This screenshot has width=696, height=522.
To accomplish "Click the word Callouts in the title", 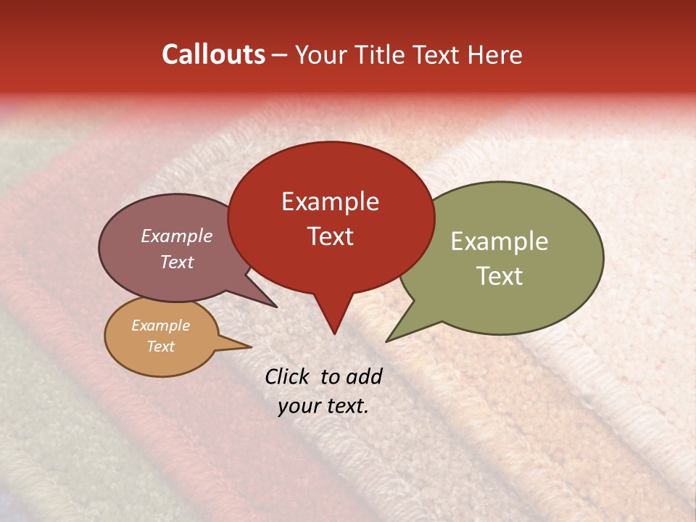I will (213, 54).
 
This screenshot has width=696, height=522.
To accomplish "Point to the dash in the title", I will (280, 55).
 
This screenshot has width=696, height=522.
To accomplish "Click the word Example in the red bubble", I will (330, 202).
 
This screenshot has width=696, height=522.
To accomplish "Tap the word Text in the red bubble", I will (330, 236).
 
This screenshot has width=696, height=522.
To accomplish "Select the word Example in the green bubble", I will (500, 241).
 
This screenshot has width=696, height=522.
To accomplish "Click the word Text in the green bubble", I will (500, 276).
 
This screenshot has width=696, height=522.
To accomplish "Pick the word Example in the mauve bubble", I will (177, 236).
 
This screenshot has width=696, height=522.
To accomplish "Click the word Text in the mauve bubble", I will (177, 262).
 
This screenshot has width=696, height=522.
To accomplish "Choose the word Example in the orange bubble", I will (161, 326).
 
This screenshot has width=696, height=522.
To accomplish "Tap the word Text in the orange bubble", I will (161, 347).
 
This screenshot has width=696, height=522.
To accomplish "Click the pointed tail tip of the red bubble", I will (334, 333).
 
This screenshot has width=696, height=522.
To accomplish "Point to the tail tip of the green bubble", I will (386, 341).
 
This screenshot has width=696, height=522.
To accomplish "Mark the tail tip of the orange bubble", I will (251, 347).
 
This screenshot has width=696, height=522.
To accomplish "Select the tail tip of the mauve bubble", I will (277, 307).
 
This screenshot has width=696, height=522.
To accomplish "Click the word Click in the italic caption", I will (289, 376).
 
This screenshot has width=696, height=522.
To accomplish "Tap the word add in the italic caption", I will (363, 376).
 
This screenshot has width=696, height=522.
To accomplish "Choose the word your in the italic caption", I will (299, 406).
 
